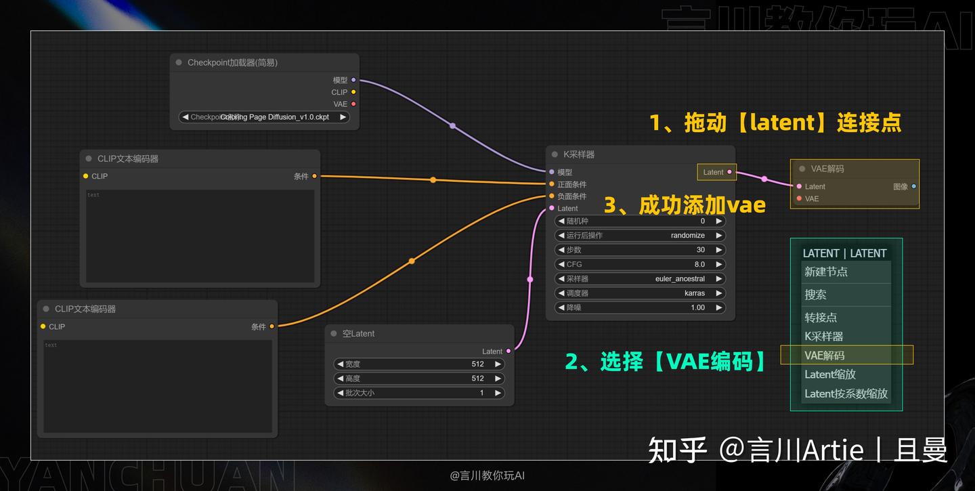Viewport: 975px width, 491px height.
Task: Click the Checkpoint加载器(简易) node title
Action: tap(232, 63)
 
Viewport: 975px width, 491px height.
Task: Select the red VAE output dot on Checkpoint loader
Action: tap(353, 104)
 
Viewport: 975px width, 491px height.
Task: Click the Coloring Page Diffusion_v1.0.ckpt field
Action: tap(264, 117)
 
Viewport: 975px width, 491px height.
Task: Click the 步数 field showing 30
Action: tap(640, 250)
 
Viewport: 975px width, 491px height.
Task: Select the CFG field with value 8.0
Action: tap(640, 264)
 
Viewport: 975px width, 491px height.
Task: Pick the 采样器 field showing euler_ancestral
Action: tap(640, 279)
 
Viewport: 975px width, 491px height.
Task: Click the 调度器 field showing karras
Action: tap(640, 293)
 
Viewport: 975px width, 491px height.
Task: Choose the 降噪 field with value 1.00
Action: tap(640, 307)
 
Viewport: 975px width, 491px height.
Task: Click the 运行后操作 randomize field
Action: tap(640, 236)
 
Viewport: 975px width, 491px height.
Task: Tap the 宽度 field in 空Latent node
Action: tap(419, 364)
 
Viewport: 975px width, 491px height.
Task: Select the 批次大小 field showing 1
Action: tap(419, 393)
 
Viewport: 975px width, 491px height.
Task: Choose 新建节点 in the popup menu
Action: tap(826, 272)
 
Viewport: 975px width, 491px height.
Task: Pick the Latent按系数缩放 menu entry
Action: tap(846, 393)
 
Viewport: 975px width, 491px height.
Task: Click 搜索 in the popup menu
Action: tap(815, 295)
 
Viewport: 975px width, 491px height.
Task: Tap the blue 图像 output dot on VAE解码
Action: tap(913, 186)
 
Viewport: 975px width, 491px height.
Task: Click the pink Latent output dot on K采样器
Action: tap(729, 172)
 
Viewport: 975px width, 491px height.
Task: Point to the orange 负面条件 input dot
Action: tap(552, 196)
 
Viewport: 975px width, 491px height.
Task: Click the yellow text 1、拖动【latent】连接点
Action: tap(775, 123)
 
